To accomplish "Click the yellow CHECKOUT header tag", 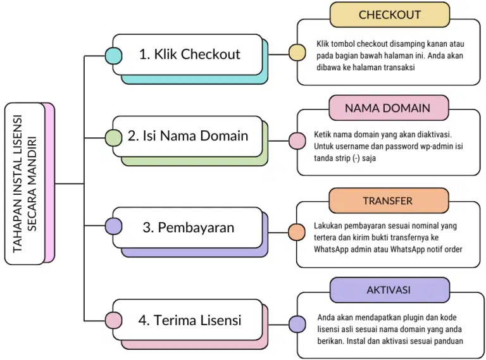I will (389, 15).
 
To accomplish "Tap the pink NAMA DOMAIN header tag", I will (387, 108).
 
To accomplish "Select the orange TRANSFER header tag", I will (387, 201).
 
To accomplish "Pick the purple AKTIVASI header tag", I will (388, 290).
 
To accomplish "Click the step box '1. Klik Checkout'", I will (189, 54).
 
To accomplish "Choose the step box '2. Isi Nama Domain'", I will (188, 136).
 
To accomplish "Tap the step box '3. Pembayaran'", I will (188, 227).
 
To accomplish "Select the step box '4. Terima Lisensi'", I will (189, 320).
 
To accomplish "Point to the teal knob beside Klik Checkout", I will (113, 55).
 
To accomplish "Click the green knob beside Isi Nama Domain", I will (113, 137).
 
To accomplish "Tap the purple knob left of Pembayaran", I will (113, 226).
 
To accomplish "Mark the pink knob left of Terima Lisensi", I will (113, 321).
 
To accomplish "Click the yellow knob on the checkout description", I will (296, 52).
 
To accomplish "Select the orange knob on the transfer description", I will (296, 232).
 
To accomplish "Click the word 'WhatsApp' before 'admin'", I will (333, 249).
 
